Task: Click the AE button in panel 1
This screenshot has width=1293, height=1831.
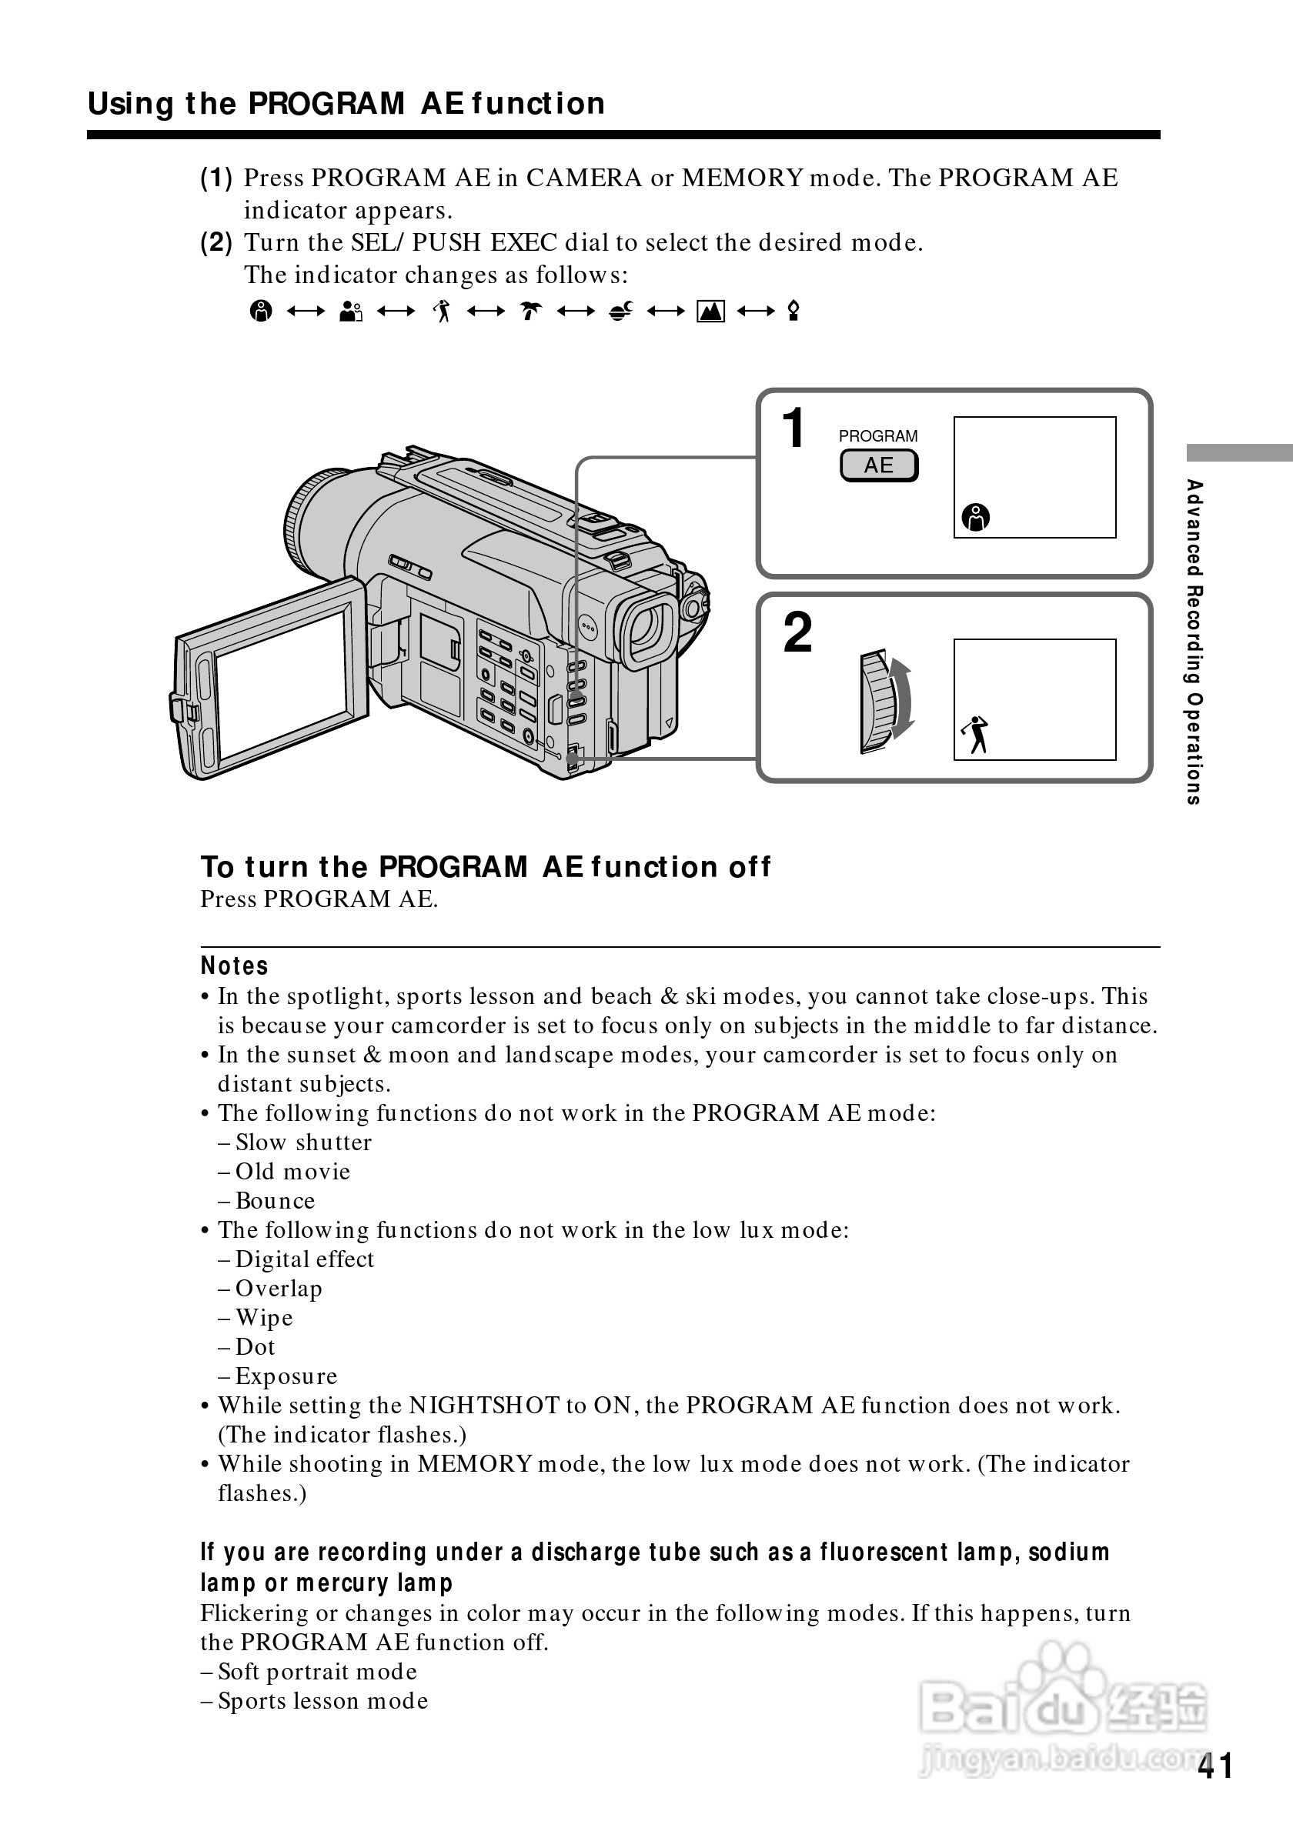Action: click(x=878, y=465)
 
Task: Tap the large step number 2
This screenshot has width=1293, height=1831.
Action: click(x=797, y=633)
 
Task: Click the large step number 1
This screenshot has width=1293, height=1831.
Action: click(x=793, y=429)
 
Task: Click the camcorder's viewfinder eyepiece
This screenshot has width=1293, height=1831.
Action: click(x=649, y=627)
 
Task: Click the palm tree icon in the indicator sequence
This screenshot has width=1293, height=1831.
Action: click(x=530, y=310)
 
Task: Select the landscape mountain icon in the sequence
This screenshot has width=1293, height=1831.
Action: click(x=710, y=311)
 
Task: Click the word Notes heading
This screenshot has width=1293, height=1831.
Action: click(x=234, y=966)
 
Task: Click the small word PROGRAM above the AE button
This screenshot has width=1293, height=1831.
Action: click(x=877, y=436)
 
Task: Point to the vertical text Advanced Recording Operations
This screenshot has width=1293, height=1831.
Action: click(x=1193, y=642)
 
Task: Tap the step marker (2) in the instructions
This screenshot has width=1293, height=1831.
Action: click(x=216, y=242)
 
